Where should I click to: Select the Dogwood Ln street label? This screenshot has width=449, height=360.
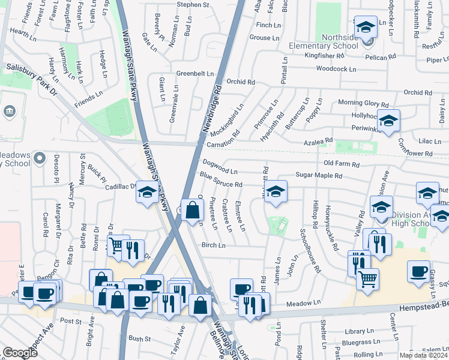tap(220, 166)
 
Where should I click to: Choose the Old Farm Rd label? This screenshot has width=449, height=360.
tap(341, 164)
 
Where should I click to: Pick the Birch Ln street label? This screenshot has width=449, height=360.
tap(213, 245)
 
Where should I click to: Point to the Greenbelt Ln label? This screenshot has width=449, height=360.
tap(194, 73)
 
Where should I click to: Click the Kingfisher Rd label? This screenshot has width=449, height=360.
tap(324, 55)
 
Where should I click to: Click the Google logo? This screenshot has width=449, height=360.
tap(20, 352)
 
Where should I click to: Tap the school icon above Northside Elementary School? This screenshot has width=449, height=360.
tap(366, 27)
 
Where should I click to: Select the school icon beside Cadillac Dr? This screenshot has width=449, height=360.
tap(147, 192)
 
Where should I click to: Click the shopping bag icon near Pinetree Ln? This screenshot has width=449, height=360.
tap(191, 211)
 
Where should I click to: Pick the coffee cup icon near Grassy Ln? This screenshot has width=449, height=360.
tap(418, 271)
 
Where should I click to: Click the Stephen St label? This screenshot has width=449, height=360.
tap(192, 5)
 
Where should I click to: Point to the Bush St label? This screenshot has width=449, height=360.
tap(140, 339)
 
